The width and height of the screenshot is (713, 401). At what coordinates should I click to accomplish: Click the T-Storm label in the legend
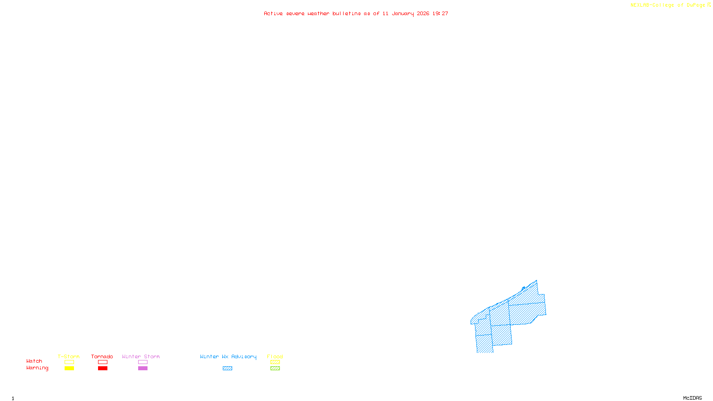[x=69, y=356]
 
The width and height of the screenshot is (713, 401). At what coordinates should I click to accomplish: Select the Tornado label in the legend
[x=102, y=356]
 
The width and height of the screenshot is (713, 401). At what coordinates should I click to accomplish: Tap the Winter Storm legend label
[x=141, y=356]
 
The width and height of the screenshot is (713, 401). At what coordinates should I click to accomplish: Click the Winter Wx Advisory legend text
[x=228, y=356]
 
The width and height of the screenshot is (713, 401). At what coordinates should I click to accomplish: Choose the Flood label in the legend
[x=275, y=356]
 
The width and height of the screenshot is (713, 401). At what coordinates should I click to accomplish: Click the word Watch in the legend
[x=34, y=361]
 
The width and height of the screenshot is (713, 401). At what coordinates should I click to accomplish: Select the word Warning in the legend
[x=37, y=368]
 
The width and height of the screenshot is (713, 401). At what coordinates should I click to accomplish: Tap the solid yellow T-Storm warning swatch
[x=69, y=368]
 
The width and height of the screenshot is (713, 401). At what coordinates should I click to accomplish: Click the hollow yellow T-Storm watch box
[x=69, y=362]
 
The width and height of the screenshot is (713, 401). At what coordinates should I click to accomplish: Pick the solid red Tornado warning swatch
[x=103, y=368]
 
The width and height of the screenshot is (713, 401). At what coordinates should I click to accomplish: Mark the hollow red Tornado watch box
[x=103, y=362]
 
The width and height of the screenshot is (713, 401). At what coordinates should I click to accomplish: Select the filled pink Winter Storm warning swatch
[x=143, y=368]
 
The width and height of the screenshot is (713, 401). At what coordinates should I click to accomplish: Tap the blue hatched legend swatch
[x=227, y=368]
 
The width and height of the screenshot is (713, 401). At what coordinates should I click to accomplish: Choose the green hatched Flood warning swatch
[x=275, y=368]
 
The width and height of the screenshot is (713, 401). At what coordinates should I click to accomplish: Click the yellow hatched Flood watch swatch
[x=275, y=362]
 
